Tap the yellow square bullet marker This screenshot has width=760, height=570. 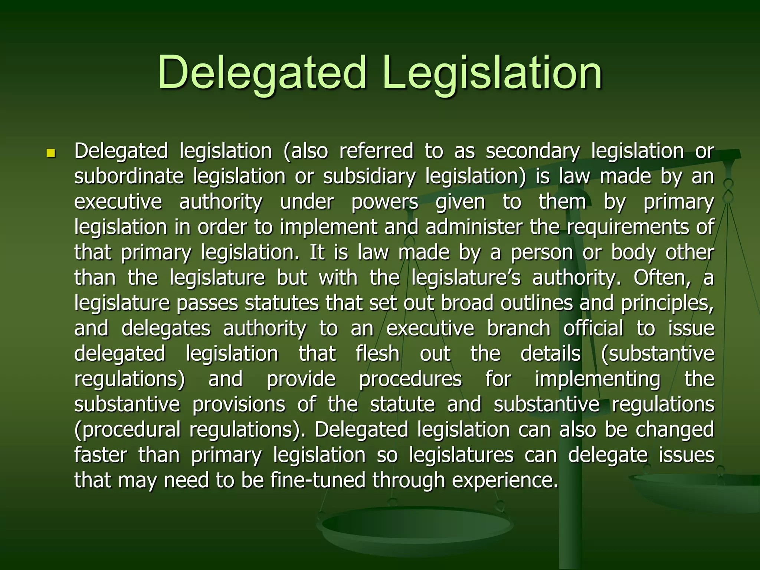tap(50, 153)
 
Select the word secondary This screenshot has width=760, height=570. tap(532, 151)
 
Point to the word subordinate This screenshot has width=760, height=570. tap(129, 176)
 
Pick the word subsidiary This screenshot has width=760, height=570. tap(369, 176)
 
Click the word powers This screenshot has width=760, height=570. tap(384, 202)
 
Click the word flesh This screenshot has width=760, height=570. tap(377, 353)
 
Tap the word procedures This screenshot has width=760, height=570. tap(410, 379)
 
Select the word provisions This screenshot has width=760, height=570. tap(239, 404)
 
